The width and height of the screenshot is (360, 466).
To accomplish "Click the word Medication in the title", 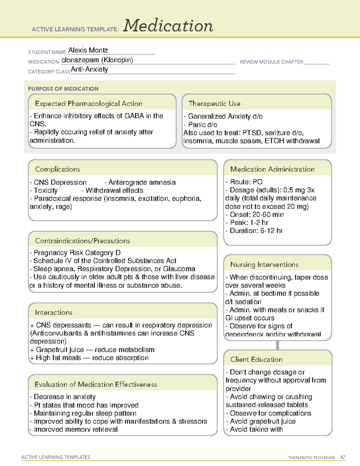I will click(168, 26).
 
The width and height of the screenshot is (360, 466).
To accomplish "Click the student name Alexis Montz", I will click(88, 50).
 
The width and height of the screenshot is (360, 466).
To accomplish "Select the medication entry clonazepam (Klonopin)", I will click(97, 60).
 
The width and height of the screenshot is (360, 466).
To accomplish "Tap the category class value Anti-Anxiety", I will click(89, 69).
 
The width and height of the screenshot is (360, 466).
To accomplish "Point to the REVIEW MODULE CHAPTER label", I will click(271, 62).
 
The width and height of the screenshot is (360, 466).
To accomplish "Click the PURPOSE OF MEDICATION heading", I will click(63, 89).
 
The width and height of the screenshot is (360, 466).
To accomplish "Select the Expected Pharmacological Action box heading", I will click(88, 104).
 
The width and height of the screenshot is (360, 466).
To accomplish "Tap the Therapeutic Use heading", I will click(214, 104).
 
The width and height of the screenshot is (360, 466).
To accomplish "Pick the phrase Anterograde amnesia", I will click(142, 182).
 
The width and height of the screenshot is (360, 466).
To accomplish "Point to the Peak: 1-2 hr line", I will click(249, 223).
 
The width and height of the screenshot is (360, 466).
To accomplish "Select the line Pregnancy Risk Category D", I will click(77, 253).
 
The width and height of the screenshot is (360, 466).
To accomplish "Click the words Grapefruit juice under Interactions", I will click(60, 350).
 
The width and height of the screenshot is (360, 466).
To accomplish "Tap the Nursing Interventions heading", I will click(264, 265).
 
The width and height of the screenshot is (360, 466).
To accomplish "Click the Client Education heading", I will click(256, 359).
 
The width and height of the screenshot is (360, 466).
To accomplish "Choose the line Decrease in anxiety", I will click(64, 397).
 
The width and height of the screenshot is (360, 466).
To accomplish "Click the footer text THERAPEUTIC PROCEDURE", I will click(311, 458).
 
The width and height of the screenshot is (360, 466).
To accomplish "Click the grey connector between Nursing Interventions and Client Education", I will click(277, 345).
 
